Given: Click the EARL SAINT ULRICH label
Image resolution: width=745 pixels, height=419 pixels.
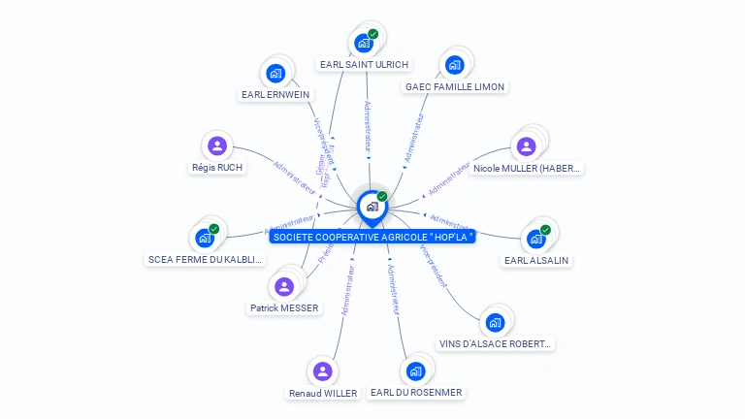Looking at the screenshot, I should click(364, 65).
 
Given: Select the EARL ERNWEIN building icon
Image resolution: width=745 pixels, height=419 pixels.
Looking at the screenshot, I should click(275, 73).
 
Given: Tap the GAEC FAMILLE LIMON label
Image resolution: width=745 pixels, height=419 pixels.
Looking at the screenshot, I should click(454, 86).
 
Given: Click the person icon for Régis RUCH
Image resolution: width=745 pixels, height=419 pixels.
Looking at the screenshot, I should click(217, 146).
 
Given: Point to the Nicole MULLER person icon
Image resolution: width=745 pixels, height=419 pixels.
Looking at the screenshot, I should click(526, 146).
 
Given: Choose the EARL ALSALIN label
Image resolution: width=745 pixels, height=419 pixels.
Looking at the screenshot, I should click(536, 260).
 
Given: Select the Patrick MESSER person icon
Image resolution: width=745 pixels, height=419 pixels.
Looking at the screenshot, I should click(283, 286).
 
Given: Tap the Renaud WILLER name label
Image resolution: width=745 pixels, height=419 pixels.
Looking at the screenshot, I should click(323, 393).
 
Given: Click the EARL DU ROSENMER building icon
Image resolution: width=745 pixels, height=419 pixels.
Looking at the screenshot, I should click(416, 371).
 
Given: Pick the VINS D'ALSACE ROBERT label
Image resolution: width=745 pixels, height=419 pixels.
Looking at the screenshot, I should click(496, 343).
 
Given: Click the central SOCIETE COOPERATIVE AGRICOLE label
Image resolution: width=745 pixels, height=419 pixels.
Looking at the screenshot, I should click(372, 237).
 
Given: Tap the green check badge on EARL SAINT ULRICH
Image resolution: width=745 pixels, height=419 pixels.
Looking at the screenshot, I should click(373, 34).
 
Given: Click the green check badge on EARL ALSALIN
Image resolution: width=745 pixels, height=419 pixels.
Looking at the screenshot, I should click(545, 230).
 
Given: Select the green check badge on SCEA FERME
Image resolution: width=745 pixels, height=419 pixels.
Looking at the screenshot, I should click(213, 229).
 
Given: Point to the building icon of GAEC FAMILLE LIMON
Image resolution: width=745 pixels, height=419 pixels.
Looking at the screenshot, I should click(454, 65).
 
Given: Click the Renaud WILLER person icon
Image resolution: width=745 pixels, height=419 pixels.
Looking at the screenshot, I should click(323, 371).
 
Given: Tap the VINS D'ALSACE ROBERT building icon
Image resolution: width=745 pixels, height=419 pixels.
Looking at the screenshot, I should click(496, 322).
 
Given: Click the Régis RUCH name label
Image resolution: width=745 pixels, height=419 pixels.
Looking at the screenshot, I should click(217, 167).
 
